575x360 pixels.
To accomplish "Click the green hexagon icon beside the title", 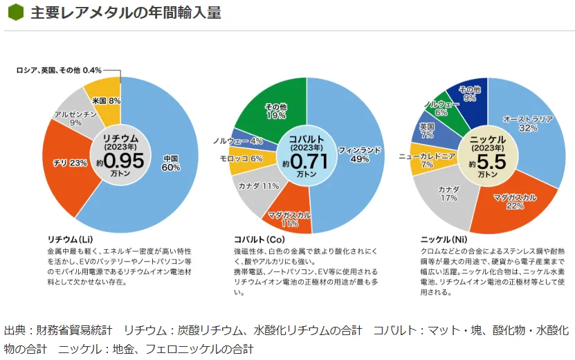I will click(15, 13).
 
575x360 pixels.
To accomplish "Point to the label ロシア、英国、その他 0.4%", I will click(60, 70).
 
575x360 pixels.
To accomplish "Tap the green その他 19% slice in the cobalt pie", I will click(275, 111).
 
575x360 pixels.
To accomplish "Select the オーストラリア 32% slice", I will click(529, 123).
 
